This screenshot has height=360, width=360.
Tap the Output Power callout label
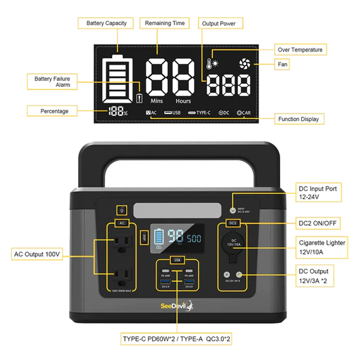point(223,23)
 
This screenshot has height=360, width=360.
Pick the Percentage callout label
point(54,111)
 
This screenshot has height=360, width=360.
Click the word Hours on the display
point(183,101)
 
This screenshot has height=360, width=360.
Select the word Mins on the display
point(157,101)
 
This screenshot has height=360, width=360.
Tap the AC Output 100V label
point(37,255)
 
